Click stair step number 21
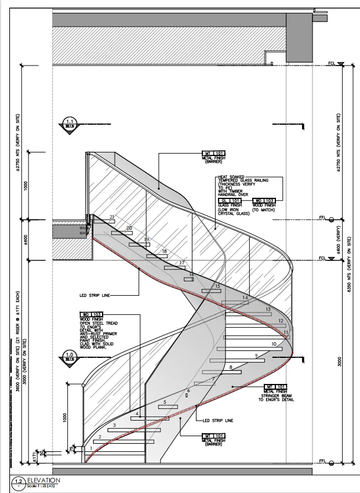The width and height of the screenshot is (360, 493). pyautogui.click(x=111, y=217)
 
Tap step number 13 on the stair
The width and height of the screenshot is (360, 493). pyautogui.click(x=268, y=310)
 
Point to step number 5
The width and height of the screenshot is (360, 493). pyautogui.click(x=165, y=401)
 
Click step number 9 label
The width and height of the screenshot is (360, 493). pyautogui.click(x=255, y=355)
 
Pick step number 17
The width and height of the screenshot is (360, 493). pyautogui.click(x=182, y=263)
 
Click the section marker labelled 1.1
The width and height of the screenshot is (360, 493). pyautogui.click(x=70, y=124)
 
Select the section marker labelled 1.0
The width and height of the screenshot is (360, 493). pyautogui.click(x=70, y=357)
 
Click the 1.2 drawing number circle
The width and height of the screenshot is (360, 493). pyautogui.click(x=18, y=481)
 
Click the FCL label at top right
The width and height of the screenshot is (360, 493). pyautogui.click(x=331, y=61)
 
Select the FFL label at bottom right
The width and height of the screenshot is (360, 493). pyautogui.click(x=331, y=461)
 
